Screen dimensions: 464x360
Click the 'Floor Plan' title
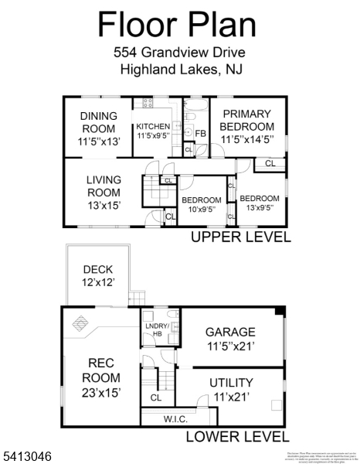click(x=177, y=25)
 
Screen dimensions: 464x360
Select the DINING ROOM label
click(x=98, y=123)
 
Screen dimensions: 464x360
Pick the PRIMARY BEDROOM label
click(x=246, y=121)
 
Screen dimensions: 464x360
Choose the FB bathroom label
click(x=200, y=133)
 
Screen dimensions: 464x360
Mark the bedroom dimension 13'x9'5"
click(x=260, y=209)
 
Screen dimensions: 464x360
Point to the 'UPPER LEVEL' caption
click(x=240, y=237)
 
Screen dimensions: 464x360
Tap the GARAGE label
click(x=230, y=332)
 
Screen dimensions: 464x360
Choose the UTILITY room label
click(x=231, y=383)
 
